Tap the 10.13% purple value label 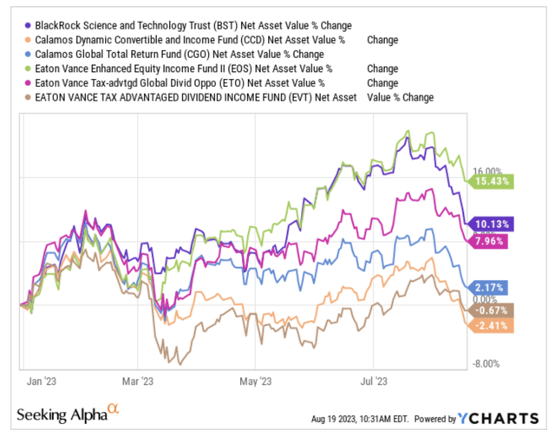(x=490, y=223)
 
